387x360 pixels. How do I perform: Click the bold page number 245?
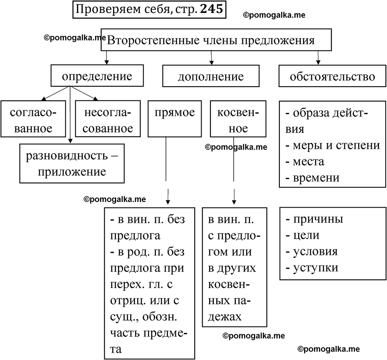click(x=210, y=9)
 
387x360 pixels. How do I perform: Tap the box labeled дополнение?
click(x=211, y=77)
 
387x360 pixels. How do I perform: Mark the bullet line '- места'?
click(x=305, y=161)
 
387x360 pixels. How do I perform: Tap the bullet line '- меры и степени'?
click(x=332, y=145)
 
